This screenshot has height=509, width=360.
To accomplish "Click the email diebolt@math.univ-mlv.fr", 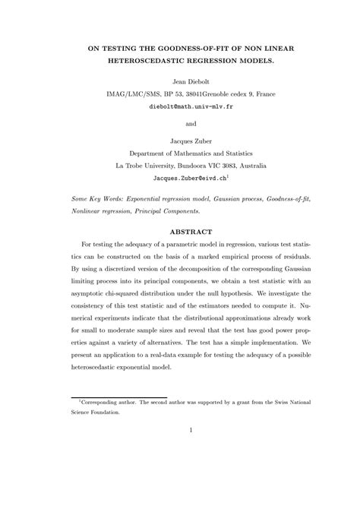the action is point(180,108).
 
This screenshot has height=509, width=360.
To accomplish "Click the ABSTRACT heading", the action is point(180,231).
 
